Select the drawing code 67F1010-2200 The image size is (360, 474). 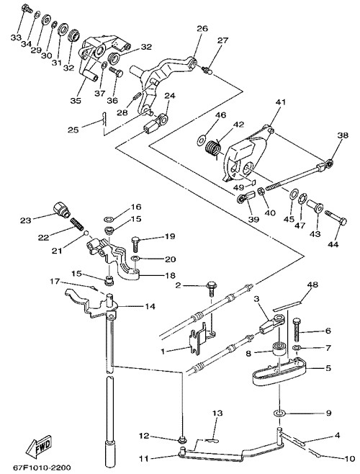click(42, 468)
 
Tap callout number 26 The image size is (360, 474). click(202, 29)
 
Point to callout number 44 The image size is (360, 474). click(333, 243)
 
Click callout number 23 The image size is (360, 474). click(26, 220)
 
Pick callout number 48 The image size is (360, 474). click(314, 285)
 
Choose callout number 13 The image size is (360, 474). click(217, 413)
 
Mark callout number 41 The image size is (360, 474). click(280, 102)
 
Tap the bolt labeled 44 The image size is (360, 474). click(336, 218)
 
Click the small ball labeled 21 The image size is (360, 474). click(86, 233)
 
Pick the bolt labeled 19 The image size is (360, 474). click(135, 244)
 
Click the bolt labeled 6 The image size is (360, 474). click(297, 331)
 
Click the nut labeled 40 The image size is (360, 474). click(261, 191)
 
